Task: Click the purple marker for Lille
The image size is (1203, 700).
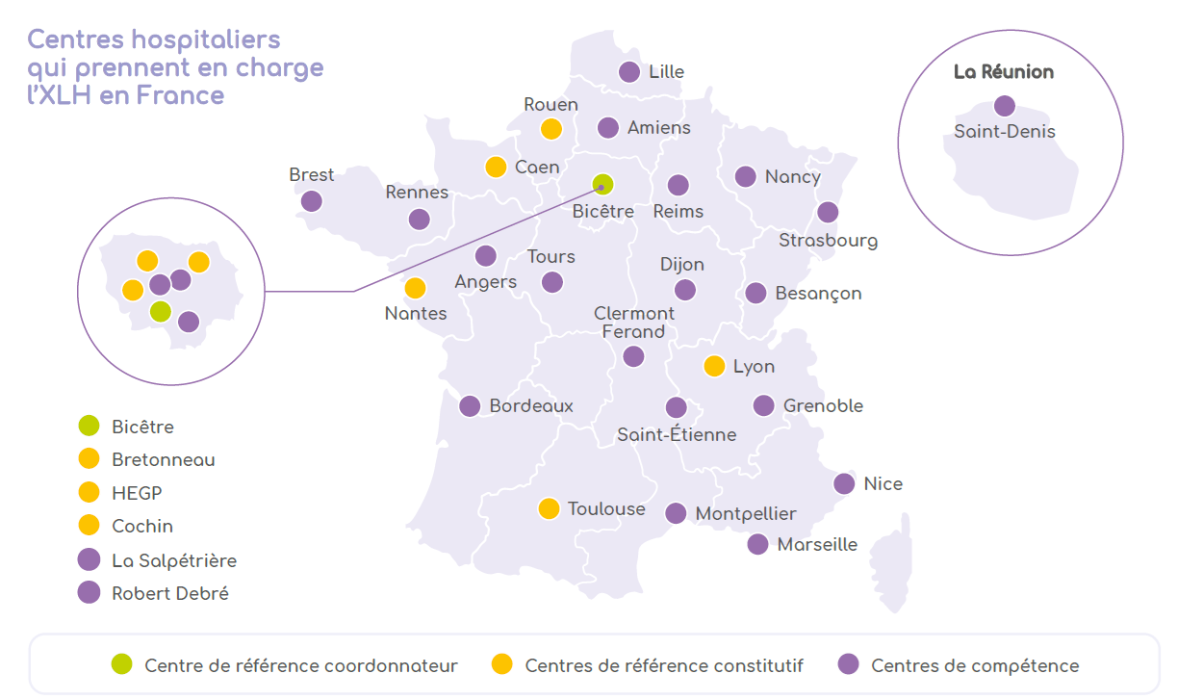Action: click(x=629, y=71)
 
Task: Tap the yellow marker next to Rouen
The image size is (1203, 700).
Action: click(x=551, y=129)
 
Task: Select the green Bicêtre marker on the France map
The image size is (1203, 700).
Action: click(x=602, y=184)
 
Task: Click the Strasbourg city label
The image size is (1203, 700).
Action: click(x=828, y=240)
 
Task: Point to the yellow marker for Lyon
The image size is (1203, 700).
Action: click(x=714, y=366)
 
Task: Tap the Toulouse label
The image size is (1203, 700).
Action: click(x=606, y=508)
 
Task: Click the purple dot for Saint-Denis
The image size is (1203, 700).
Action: click(x=1005, y=106)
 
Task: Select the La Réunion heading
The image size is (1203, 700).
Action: click(x=1004, y=72)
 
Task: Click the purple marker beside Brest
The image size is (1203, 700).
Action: click(x=311, y=201)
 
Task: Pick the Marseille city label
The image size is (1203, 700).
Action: click(x=817, y=544)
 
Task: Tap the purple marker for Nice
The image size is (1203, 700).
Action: click(x=844, y=483)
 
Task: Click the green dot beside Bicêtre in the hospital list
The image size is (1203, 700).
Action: click(x=90, y=426)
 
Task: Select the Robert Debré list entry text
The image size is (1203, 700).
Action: click(x=170, y=593)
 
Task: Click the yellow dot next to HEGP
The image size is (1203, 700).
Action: click(x=90, y=492)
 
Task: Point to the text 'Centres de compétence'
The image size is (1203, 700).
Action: click(x=975, y=665)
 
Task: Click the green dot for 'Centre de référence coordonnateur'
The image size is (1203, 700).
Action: click(x=122, y=664)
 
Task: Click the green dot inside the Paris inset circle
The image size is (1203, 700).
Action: click(x=161, y=311)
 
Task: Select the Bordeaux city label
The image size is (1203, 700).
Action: click(x=531, y=405)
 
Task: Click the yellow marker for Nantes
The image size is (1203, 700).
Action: click(x=415, y=288)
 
